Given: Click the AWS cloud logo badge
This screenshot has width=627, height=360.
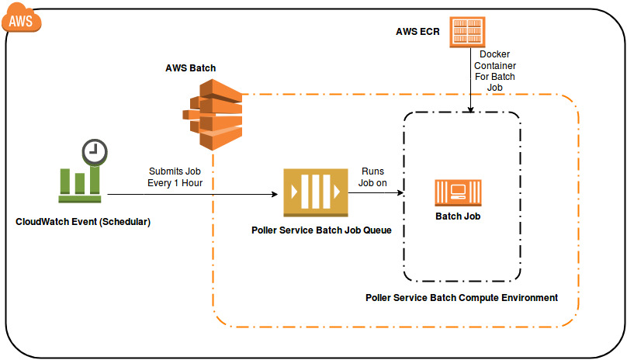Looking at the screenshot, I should (x=21, y=19).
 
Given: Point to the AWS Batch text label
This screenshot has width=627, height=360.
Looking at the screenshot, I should (x=190, y=68).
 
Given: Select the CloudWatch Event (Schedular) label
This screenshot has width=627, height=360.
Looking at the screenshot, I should (x=82, y=221).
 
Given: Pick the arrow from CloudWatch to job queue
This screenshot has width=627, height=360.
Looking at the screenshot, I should (x=194, y=194).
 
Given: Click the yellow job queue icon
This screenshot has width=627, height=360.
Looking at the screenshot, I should (x=314, y=193).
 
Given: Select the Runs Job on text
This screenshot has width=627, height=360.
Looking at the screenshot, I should (x=372, y=178).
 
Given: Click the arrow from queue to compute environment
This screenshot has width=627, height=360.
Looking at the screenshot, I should (x=376, y=194).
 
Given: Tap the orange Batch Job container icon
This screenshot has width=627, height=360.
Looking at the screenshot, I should (x=457, y=192).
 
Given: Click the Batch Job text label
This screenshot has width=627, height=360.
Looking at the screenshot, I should (x=457, y=216).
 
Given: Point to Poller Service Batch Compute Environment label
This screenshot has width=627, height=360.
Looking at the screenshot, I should (x=461, y=297).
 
